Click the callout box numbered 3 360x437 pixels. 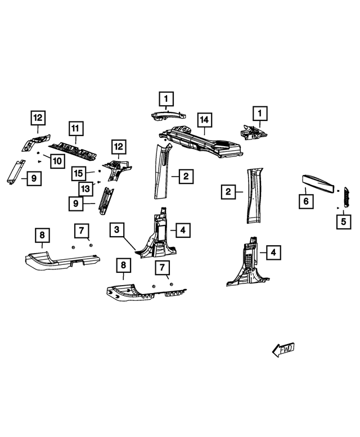coord(117,229)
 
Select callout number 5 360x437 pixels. coord(344,222)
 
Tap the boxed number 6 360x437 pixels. coord(306,201)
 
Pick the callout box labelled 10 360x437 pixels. coord(57,161)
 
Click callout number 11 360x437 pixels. coord(76,128)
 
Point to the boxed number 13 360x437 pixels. coord(85,189)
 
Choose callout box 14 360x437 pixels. coord(205,120)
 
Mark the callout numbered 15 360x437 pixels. coord(78,173)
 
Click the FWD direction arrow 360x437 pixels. coord(283,349)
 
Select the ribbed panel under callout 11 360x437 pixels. coord(74,152)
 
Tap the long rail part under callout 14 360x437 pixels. coord(201,142)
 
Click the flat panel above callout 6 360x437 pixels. coord(318,183)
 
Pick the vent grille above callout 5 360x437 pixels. coord(346,197)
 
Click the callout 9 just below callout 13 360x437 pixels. coord(76,204)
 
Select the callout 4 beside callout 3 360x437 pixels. coord(183,230)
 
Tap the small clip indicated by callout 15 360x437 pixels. coord(100,171)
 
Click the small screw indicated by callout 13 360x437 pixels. coord(98,182)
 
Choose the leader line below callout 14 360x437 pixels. coord(205,131)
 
